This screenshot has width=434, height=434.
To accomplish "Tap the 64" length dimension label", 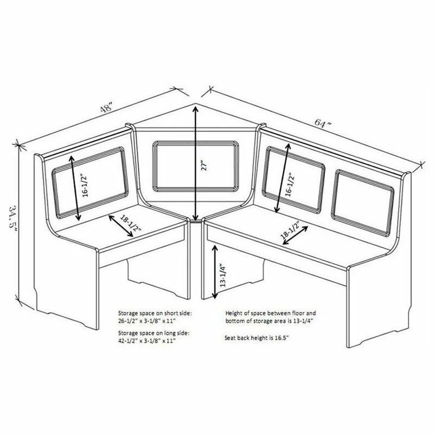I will pyautogui.click(x=322, y=123).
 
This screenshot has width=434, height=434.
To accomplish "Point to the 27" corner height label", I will pyautogui.click(x=203, y=166).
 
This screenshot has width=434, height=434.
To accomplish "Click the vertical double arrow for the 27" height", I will pyautogui.click(x=195, y=163).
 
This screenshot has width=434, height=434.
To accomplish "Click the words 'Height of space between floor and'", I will pyautogui.click(x=270, y=313).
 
